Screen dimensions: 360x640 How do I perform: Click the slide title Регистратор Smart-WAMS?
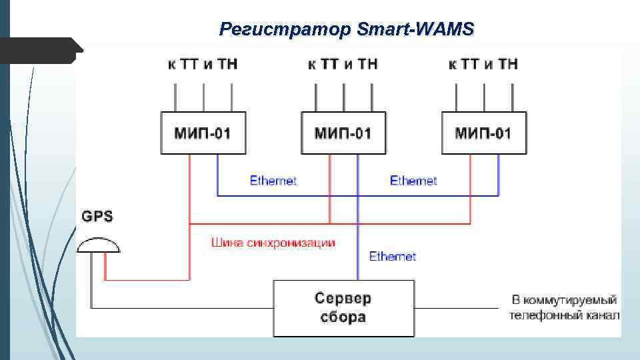tap(346, 29)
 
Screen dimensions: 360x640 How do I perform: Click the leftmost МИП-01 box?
tap(203, 133)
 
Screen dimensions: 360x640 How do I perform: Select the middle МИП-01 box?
tap(343, 133)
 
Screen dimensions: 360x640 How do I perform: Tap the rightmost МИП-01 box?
tap(483, 133)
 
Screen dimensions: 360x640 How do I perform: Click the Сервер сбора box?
tap(343, 308)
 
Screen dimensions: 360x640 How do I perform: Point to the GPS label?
tap(97, 216)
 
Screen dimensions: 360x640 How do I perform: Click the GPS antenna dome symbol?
tap(99, 245)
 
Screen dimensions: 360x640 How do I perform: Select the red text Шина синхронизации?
tap(273, 242)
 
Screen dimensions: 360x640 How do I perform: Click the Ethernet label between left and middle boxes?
tap(273, 181)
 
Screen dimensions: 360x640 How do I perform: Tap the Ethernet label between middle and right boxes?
tap(413, 181)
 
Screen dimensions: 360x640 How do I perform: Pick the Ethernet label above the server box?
tap(393, 256)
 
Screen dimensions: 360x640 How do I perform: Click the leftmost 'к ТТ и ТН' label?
tap(203, 64)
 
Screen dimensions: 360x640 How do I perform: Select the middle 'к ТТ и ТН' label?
tap(343, 64)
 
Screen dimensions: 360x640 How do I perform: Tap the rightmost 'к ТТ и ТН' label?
tap(483, 64)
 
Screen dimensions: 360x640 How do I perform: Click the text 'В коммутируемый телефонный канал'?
tap(564, 308)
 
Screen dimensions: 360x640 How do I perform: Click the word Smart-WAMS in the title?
tap(415, 29)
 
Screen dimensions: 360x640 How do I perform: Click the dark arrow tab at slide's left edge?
tap(40, 51)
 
